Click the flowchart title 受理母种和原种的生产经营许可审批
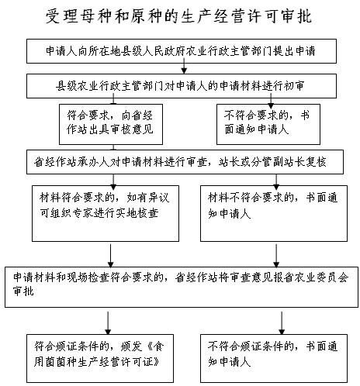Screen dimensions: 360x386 pyautogui.click(x=179, y=16)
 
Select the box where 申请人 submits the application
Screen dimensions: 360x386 pyautogui.click(x=182, y=51)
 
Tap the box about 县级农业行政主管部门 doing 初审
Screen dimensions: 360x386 pyautogui.click(x=182, y=86)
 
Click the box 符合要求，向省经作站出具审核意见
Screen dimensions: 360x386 pyautogui.click(x=111, y=124)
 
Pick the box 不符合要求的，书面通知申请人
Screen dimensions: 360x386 pyautogui.click(x=268, y=124)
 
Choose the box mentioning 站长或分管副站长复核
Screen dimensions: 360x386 pyautogui.click(x=185, y=162)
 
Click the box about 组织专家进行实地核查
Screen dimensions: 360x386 pyautogui.click(x=106, y=213)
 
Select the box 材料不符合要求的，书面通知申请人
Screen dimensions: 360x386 pyautogui.click(x=274, y=213)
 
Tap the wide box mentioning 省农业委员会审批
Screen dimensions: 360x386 pyautogui.click(x=182, y=287)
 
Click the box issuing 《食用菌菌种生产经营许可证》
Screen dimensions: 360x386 pyautogui.click(x=100, y=358)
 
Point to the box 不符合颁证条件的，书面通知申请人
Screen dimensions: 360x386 pyautogui.click(x=274, y=358)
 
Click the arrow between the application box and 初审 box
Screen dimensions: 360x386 pyautogui.click(x=184, y=66)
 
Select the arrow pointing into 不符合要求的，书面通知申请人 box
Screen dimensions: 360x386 pyautogui.click(x=271, y=101)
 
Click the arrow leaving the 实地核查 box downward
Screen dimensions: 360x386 pyautogui.click(x=110, y=256)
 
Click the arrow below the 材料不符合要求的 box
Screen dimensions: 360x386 pyautogui.click(x=276, y=256)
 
